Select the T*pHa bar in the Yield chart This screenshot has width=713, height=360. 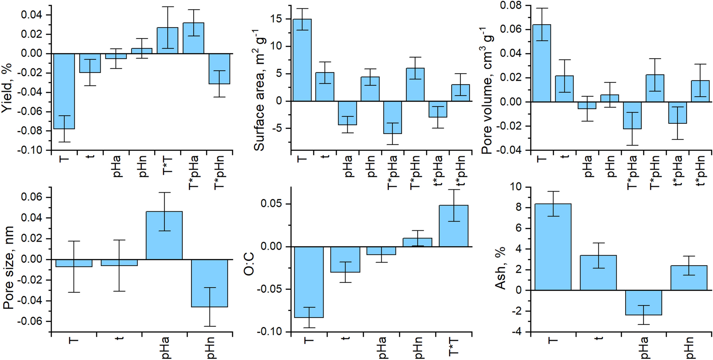point(193,38)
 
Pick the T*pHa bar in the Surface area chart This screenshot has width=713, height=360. point(392,117)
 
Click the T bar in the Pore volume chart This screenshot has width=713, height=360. point(541,63)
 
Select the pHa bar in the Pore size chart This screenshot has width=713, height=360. point(164,235)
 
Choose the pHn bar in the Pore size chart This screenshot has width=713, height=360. point(210,283)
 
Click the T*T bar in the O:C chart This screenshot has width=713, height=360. point(453,226)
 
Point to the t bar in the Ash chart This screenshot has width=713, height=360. point(598,272)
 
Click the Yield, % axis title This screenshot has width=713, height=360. point(7,88)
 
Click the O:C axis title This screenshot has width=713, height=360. point(249,264)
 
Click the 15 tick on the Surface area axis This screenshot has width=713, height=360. point(277,19)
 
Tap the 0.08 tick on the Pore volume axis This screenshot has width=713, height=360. point(511,5)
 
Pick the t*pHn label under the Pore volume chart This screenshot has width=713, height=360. point(699,170)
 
